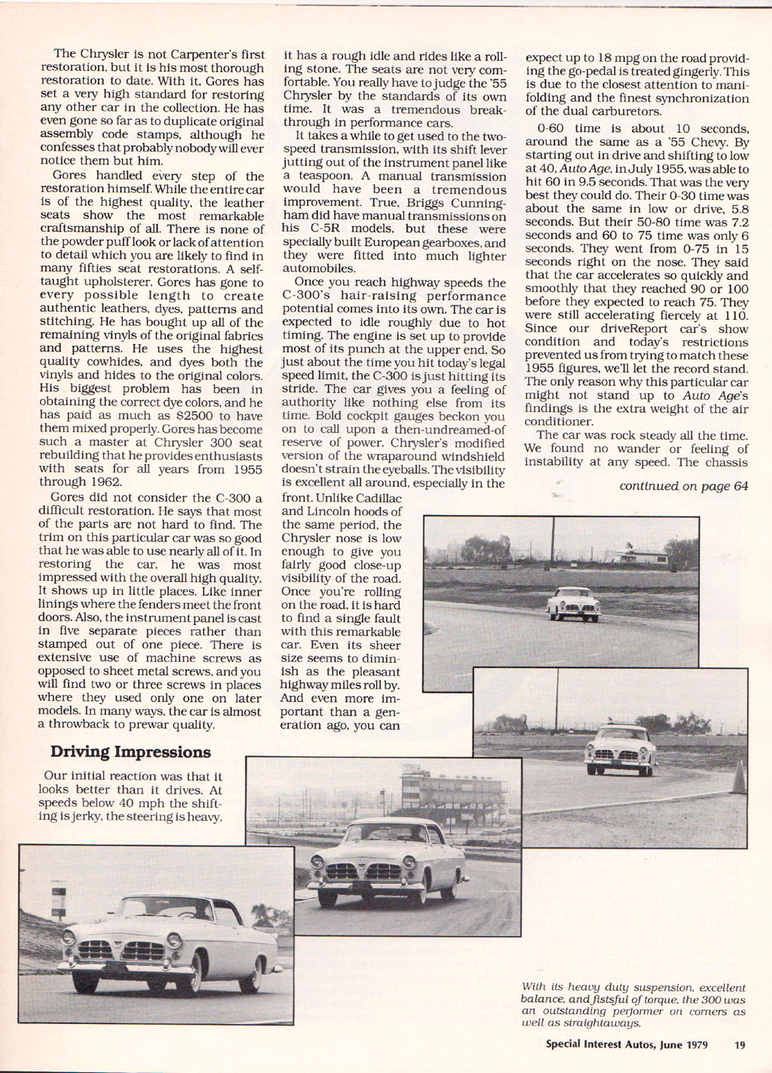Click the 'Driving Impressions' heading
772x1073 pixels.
point(130,752)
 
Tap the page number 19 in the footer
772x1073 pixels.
point(740,1044)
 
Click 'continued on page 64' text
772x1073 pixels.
point(683,486)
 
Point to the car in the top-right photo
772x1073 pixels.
point(574,602)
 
